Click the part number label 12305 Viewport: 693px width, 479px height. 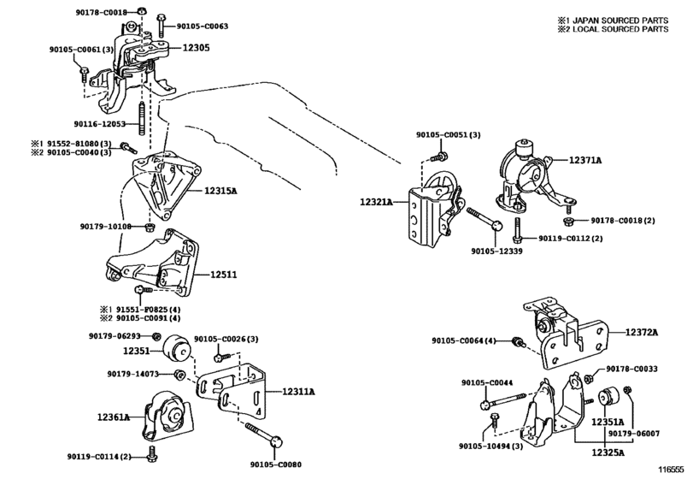pyautogui.click(x=196, y=48)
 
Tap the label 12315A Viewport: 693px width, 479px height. pyautogui.click(x=220, y=191)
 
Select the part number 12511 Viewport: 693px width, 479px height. pyautogui.click(x=223, y=275)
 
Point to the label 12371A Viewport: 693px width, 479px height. pyautogui.click(x=584, y=160)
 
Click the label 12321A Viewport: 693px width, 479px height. pyautogui.click(x=376, y=202)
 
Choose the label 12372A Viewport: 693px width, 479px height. pyautogui.click(x=641, y=332)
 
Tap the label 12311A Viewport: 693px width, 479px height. pyautogui.click(x=298, y=392)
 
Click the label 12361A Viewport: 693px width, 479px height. pyautogui.click(x=114, y=417)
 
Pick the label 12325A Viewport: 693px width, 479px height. pyautogui.click(x=608, y=452)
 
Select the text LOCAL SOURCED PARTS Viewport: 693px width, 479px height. pyautogui.click(x=620, y=29)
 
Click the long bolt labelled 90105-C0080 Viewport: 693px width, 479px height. pyautogui.click(x=264, y=435)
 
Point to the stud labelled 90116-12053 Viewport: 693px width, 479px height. pyautogui.click(x=143, y=118)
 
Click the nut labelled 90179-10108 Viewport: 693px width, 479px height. pyautogui.click(x=150, y=227)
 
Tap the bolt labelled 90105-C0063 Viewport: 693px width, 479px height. pyautogui.click(x=162, y=26)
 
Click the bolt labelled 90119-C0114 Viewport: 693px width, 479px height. pyautogui.click(x=152, y=454)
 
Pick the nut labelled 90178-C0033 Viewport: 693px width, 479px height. pyautogui.click(x=588, y=378)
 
